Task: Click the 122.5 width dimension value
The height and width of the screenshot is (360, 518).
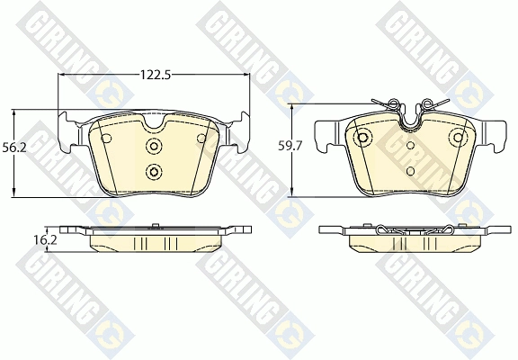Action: [155, 76]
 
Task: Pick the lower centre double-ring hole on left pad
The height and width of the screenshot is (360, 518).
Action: [153, 171]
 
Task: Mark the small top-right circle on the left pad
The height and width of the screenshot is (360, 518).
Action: [200, 138]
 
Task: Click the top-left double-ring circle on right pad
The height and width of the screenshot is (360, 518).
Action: [363, 138]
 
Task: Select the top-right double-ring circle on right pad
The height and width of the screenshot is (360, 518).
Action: [458, 138]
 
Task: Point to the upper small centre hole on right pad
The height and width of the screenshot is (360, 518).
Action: [411, 145]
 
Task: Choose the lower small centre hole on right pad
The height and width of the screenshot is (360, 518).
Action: [411, 169]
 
